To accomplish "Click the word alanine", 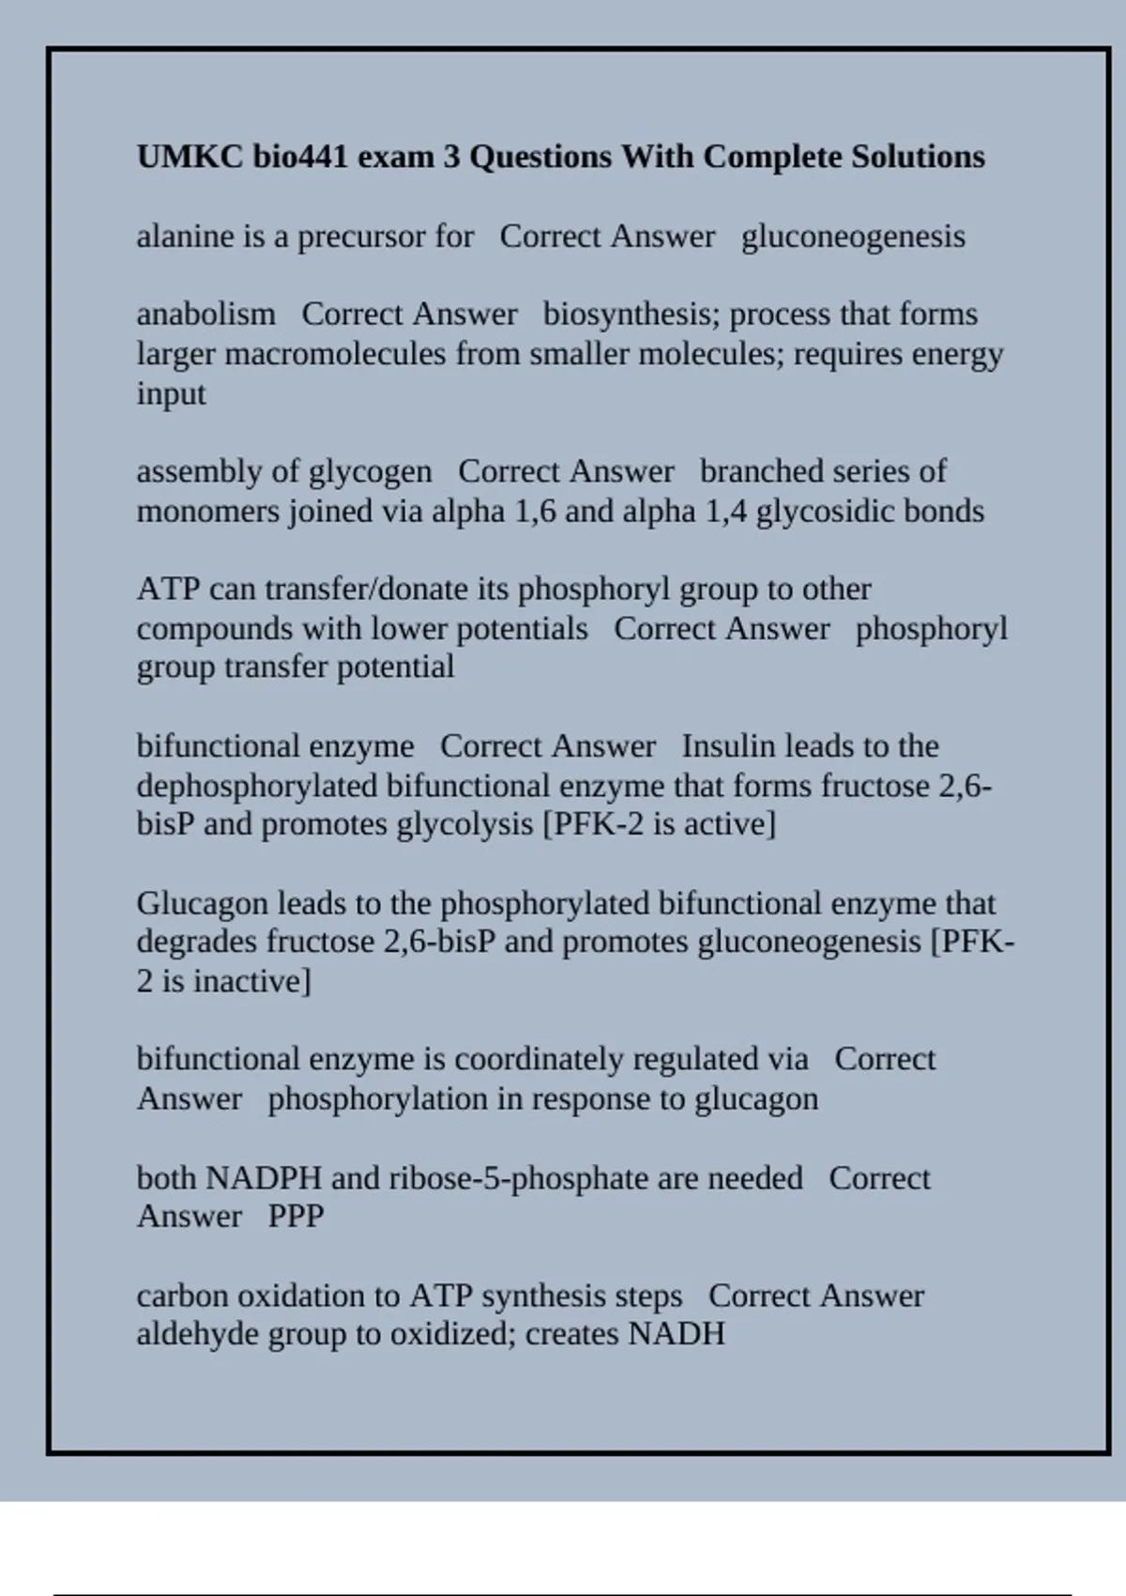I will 185,237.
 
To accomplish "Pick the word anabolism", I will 205,315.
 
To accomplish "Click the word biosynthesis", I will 631,315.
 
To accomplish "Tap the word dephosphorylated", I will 257,786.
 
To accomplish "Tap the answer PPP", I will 296,1217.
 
